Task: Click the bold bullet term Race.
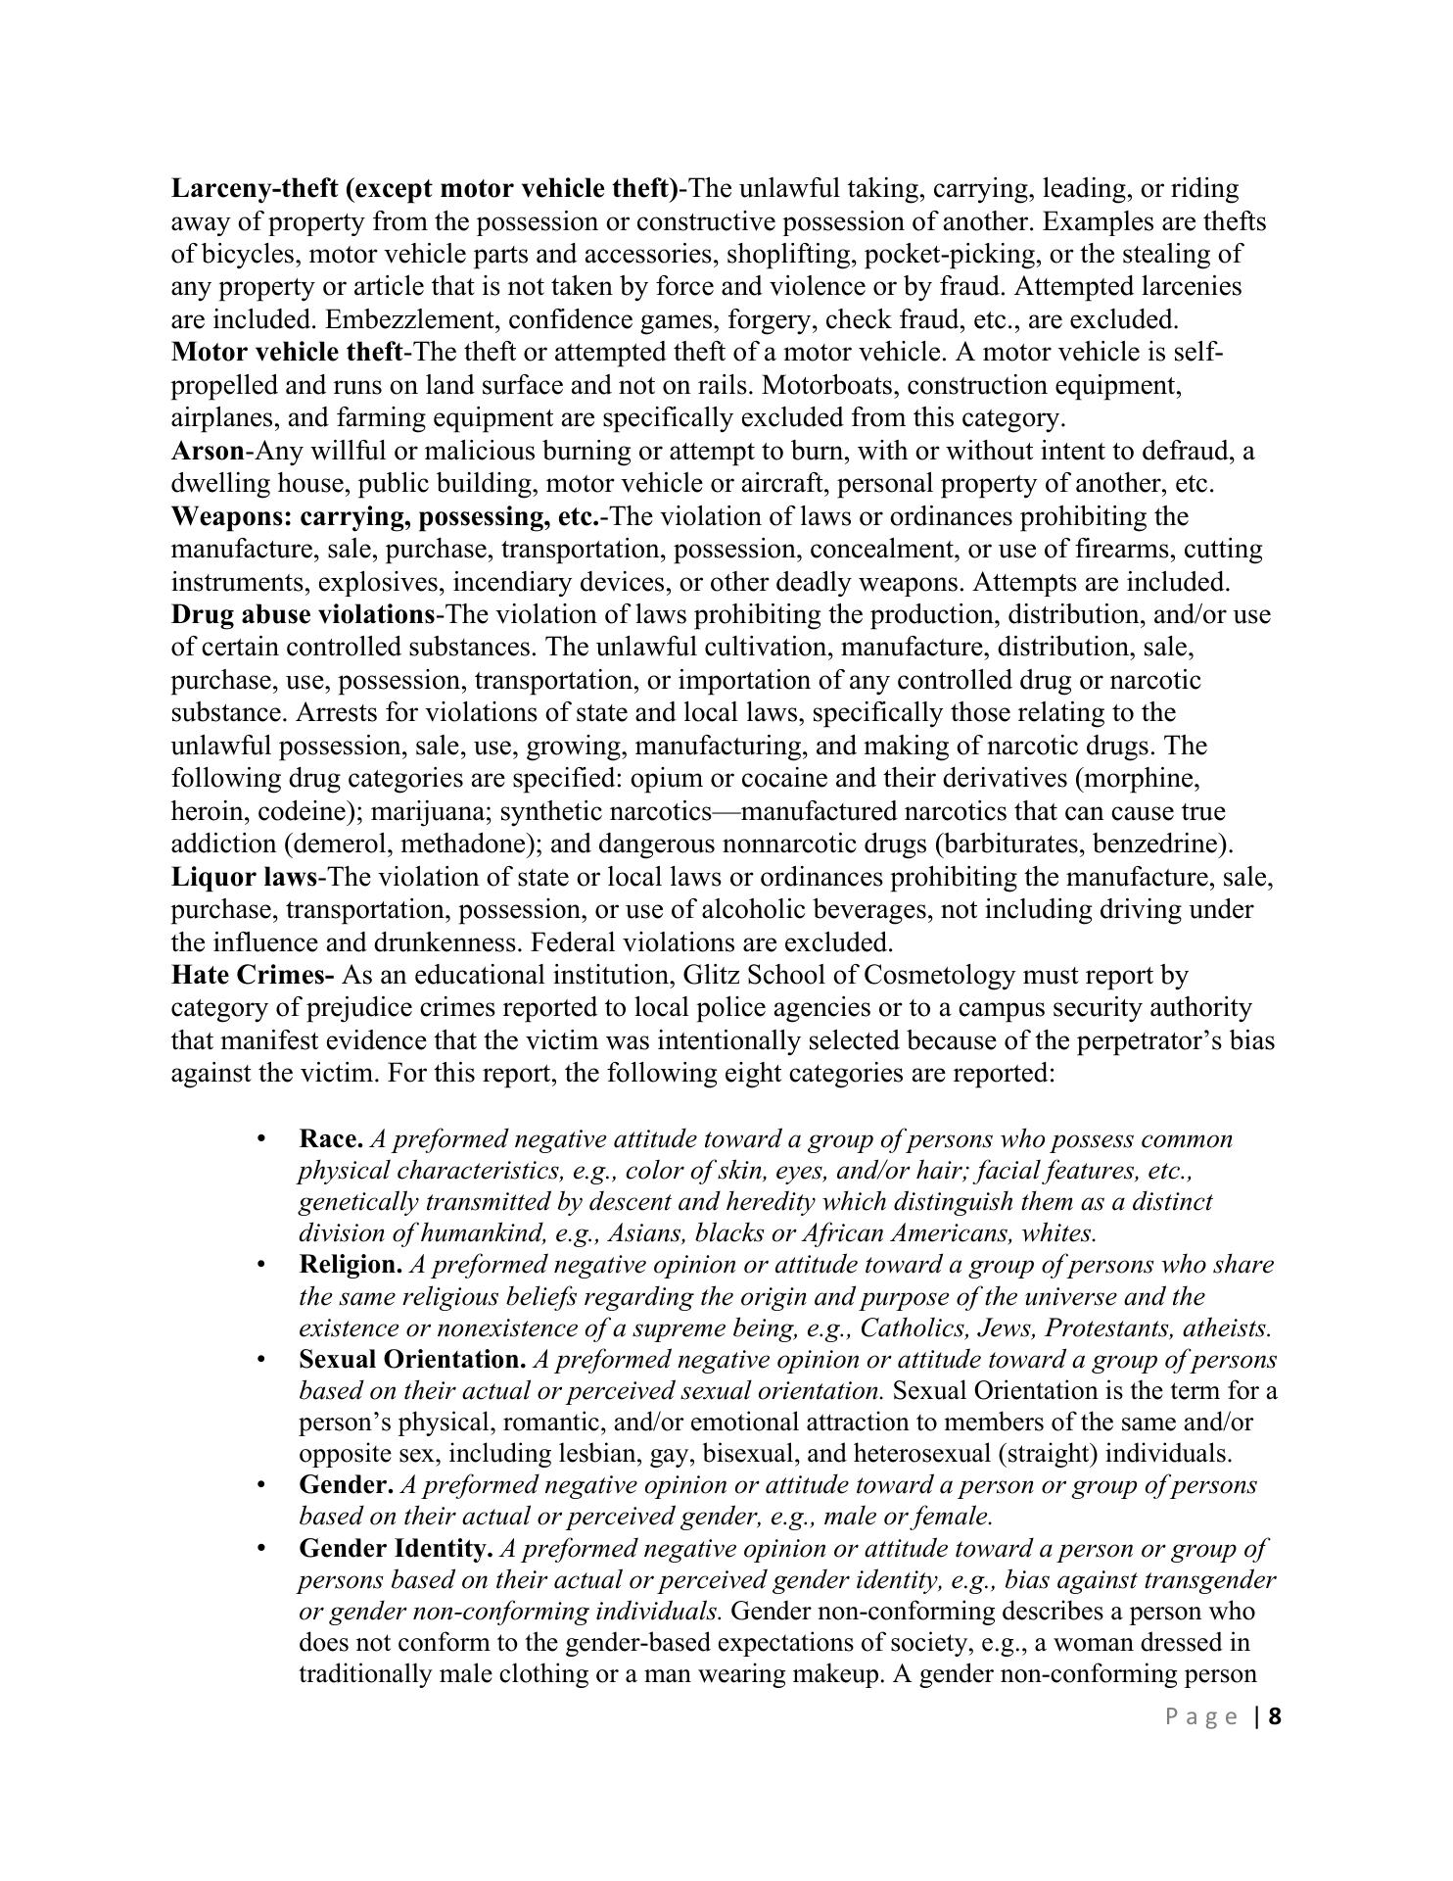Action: pyautogui.click(x=331, y=1139)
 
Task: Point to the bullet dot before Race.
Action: pyautogui.click(x=260, y=1139)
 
